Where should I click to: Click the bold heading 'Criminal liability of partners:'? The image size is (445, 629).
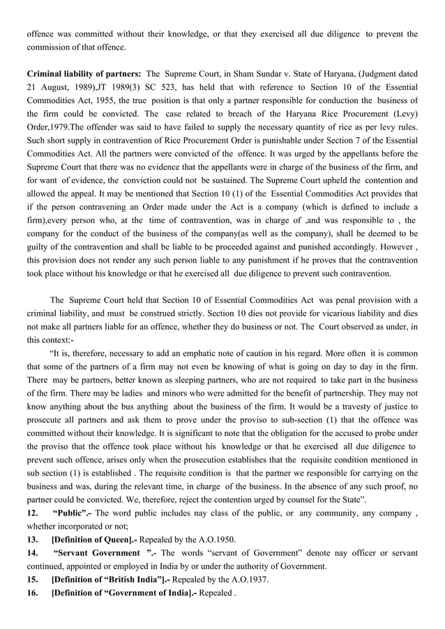pos(84,74)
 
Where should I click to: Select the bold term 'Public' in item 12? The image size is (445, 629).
pos(73,513)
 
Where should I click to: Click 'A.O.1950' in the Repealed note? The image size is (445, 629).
pos(217,540)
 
